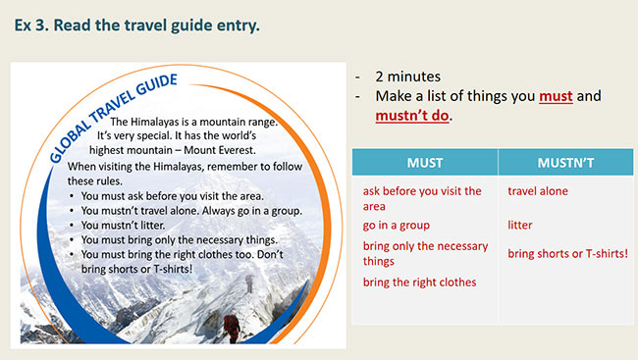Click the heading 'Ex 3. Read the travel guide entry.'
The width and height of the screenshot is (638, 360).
click(x=137, y=25)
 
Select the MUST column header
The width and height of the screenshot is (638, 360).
click(x=423, y=162)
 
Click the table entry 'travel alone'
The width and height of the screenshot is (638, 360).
click(x=538, y=191)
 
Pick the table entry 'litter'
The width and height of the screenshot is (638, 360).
click(x=520, y=226)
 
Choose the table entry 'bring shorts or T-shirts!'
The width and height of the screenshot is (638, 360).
click(x=567, y=254)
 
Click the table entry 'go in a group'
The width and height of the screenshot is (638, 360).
click(x=397, y=226)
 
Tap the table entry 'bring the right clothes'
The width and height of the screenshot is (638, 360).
click(x=419, y=282)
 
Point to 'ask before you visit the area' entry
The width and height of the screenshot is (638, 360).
click(x=422, y=198)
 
